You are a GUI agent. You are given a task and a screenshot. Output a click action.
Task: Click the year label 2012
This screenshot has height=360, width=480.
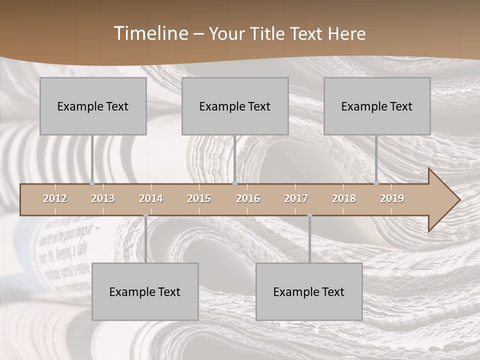pyautogui.click(x=55, y=198)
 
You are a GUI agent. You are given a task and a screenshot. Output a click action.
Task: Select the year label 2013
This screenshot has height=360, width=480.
pyautogui.click(x=103, y=198)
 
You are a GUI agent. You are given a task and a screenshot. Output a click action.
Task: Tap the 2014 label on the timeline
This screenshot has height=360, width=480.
pyautogui.click(x=151, y=198)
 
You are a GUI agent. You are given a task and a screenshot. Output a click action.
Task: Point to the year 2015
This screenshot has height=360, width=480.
pyautogui.click(x=199, y=198)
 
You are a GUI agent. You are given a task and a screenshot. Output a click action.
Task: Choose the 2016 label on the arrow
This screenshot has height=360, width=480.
pyautogui.click(x=248, y=198)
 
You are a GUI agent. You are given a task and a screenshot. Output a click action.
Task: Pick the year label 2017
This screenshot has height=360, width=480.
pyautogui.click(x=296, y=198)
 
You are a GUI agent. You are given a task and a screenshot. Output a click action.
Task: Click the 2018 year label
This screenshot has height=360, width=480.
pyautogui.click(x=344, y=198)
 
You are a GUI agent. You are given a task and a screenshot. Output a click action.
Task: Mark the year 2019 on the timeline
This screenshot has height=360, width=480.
pyautogui.click(x=392, y=198)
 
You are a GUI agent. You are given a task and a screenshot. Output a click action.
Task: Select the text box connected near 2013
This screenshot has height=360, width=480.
pyautogui.click(x=93, y=106)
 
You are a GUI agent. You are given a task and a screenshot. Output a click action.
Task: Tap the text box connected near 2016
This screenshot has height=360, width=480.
pyautogui.click(x=235, y=106)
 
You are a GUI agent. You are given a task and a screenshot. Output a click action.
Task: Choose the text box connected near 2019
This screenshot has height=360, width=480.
pyautogui.click(x=377, y=106)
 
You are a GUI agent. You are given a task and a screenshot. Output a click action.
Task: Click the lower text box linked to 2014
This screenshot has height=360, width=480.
pyautogui.click(x=145, y=291)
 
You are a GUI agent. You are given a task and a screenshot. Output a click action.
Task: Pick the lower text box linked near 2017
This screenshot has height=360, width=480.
pyautogui.click(x=309, y=291)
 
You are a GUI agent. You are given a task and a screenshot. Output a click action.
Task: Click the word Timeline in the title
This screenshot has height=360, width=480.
pyautogui.click(x=150, y=33)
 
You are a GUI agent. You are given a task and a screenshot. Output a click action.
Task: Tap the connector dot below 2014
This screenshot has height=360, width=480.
pyautogui.click(x=145, y=215)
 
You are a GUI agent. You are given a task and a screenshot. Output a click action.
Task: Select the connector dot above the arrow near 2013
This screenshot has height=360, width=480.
pyautogui.click(x=92, y=183)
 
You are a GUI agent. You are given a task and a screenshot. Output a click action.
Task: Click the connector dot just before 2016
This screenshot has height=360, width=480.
pyautogui.click(x=234, y=183)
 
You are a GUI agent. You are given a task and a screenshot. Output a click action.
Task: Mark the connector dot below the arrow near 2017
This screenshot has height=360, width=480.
pyautogui.click(x=309, y=215)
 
